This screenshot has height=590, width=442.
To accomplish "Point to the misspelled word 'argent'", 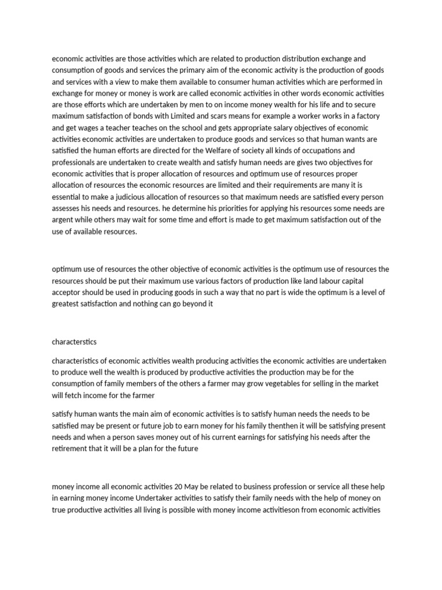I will pos(63,220).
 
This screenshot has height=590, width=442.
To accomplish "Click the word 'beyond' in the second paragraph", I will pos(183,304).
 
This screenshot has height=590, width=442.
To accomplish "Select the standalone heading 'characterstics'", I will pos(75,341).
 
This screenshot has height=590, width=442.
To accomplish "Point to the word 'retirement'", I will pos(70,449).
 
